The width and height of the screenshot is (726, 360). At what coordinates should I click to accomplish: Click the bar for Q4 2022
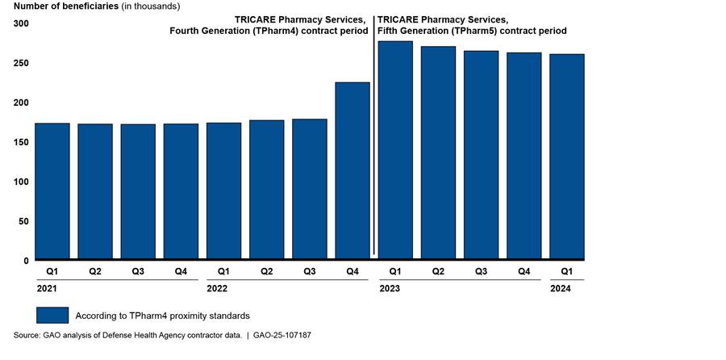pos(353,171)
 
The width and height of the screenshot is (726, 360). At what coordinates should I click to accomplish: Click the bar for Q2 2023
pos(438,153)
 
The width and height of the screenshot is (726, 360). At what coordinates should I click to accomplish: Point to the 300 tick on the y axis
pos(21,23)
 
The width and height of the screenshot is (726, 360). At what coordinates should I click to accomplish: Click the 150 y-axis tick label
pos(21,142)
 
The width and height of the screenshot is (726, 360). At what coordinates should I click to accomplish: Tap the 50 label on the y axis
pos(23,221)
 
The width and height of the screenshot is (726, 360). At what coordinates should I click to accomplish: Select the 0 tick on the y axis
pos(26,261)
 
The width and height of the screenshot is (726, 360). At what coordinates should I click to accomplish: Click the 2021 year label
pos(46,287)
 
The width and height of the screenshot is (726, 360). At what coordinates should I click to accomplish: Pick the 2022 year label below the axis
pos(218,287)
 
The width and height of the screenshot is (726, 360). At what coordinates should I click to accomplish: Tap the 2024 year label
pos(560,287)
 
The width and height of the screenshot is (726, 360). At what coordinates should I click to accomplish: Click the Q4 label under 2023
pos(524,271)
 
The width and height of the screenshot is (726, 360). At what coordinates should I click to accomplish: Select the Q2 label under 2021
pos(95,271)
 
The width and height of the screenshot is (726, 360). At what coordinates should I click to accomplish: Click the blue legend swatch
pos(52,314)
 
